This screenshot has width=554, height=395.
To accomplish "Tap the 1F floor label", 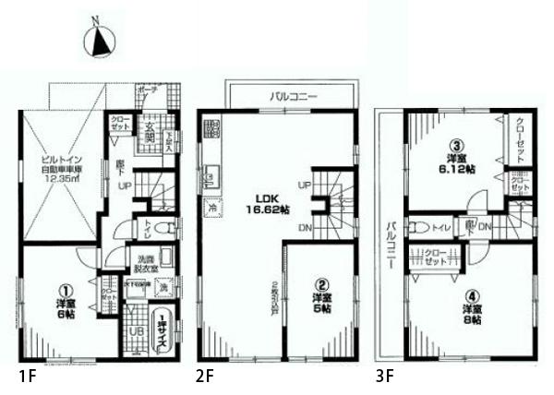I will pos(26,377).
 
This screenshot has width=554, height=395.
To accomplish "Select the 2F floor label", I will pos(205,377).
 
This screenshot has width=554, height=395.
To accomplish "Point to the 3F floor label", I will pos(384,377).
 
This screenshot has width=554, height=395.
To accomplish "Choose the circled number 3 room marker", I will pos(455,145).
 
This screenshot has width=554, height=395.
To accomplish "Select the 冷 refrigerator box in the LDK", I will pos(213,209).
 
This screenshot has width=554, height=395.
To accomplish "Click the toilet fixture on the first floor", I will pos(162,226).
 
